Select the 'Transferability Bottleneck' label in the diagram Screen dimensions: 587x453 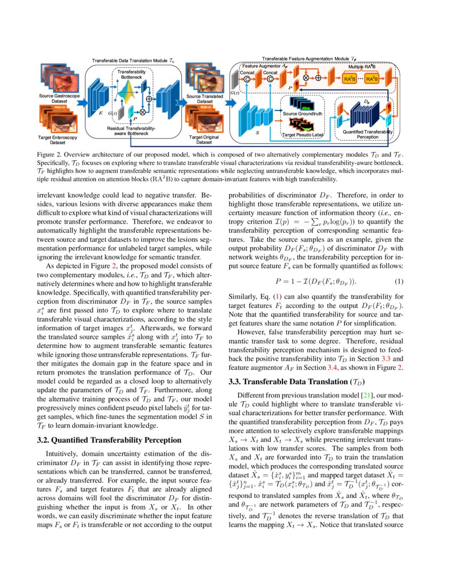[x=130, y=75]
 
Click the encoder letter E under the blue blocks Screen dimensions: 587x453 [x=101, y=114]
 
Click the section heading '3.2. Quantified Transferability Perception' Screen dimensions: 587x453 [x=110, y=440]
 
